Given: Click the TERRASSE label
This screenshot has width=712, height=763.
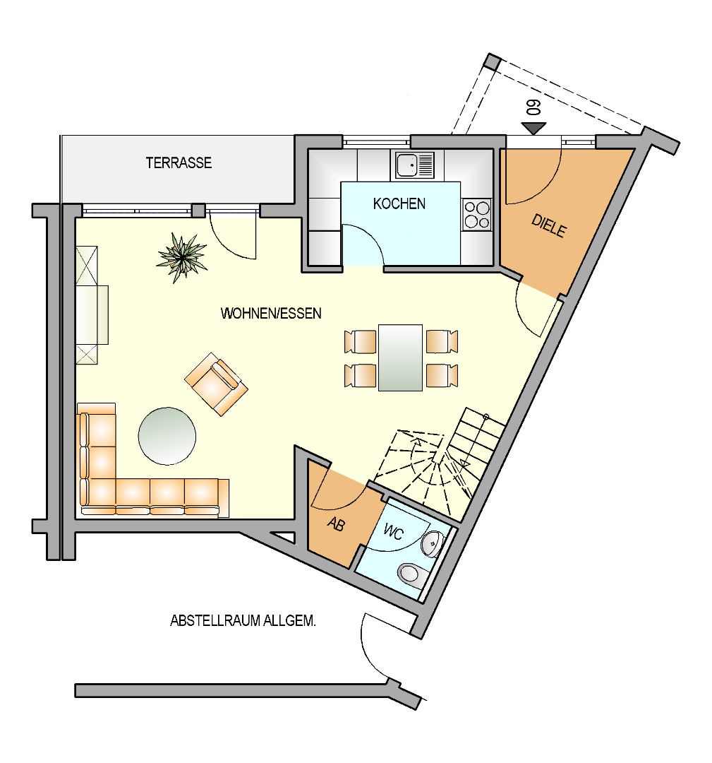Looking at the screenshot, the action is (x=179, y=162).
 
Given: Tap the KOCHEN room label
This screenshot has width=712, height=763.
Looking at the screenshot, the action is (x=399, y=203).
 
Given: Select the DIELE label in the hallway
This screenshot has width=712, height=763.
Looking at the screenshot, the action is (x=549, y=226).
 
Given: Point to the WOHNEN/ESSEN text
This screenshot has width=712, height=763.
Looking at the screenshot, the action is (x=271, y=313).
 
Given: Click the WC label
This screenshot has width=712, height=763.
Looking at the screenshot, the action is (x=393, y=532).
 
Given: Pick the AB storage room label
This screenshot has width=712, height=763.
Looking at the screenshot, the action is (x=337, y=524).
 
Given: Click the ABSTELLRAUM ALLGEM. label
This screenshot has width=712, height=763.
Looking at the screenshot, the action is (x=243, y=620).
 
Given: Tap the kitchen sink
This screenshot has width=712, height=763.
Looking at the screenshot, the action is (x=414, y=165).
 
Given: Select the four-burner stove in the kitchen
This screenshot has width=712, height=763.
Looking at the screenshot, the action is (x=476, y=215).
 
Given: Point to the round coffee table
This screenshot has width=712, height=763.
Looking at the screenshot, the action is (x=167, y=436).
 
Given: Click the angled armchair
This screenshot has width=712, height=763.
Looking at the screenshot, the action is (x=216, y=384).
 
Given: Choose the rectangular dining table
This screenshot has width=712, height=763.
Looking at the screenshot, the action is (x=400, y=357).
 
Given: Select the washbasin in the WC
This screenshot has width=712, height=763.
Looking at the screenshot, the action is (x=432, y=544).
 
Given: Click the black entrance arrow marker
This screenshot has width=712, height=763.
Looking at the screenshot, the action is (x=533, y=129).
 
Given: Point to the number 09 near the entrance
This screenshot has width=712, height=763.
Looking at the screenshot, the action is (x=533, y=107).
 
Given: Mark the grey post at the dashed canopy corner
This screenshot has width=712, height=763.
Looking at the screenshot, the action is (x=493, y=61).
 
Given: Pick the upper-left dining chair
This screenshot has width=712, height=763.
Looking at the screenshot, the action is (x=360, y=341).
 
